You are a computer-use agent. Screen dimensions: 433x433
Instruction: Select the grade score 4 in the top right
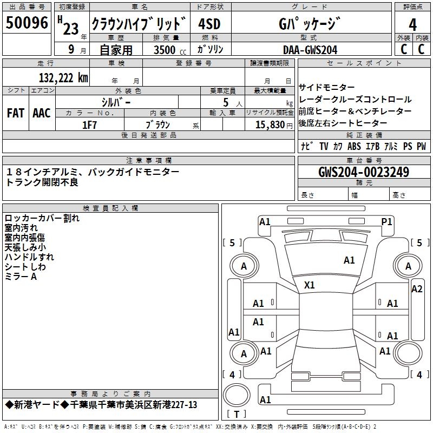(412, 24)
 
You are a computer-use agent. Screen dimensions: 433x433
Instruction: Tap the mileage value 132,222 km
(63, 77)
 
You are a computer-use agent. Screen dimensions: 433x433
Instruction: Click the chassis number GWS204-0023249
(364, 172)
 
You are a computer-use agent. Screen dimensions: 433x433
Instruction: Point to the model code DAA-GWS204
(310, 50)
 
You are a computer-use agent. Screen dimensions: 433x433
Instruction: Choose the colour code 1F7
(89, 124)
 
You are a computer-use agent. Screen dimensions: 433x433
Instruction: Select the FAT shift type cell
(15, 113)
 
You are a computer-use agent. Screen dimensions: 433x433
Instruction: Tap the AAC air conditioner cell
(42, 113)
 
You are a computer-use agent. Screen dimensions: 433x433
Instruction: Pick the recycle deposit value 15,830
(268, 124)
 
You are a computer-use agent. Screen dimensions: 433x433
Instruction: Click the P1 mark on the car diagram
(386, 221)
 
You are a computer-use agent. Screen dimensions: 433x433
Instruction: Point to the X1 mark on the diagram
(310, 285)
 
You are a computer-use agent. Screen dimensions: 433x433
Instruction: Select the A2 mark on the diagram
(417, 288)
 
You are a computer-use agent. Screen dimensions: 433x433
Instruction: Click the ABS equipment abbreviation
(354, 146)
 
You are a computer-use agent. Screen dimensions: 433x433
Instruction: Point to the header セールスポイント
(364, 63)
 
